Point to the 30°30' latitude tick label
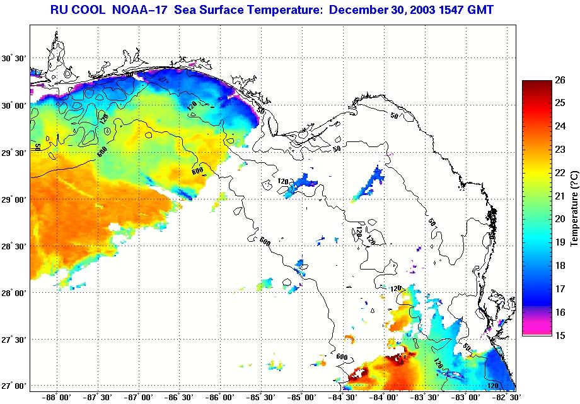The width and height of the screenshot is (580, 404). (14, 58)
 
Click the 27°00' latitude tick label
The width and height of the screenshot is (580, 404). (14, 386)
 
